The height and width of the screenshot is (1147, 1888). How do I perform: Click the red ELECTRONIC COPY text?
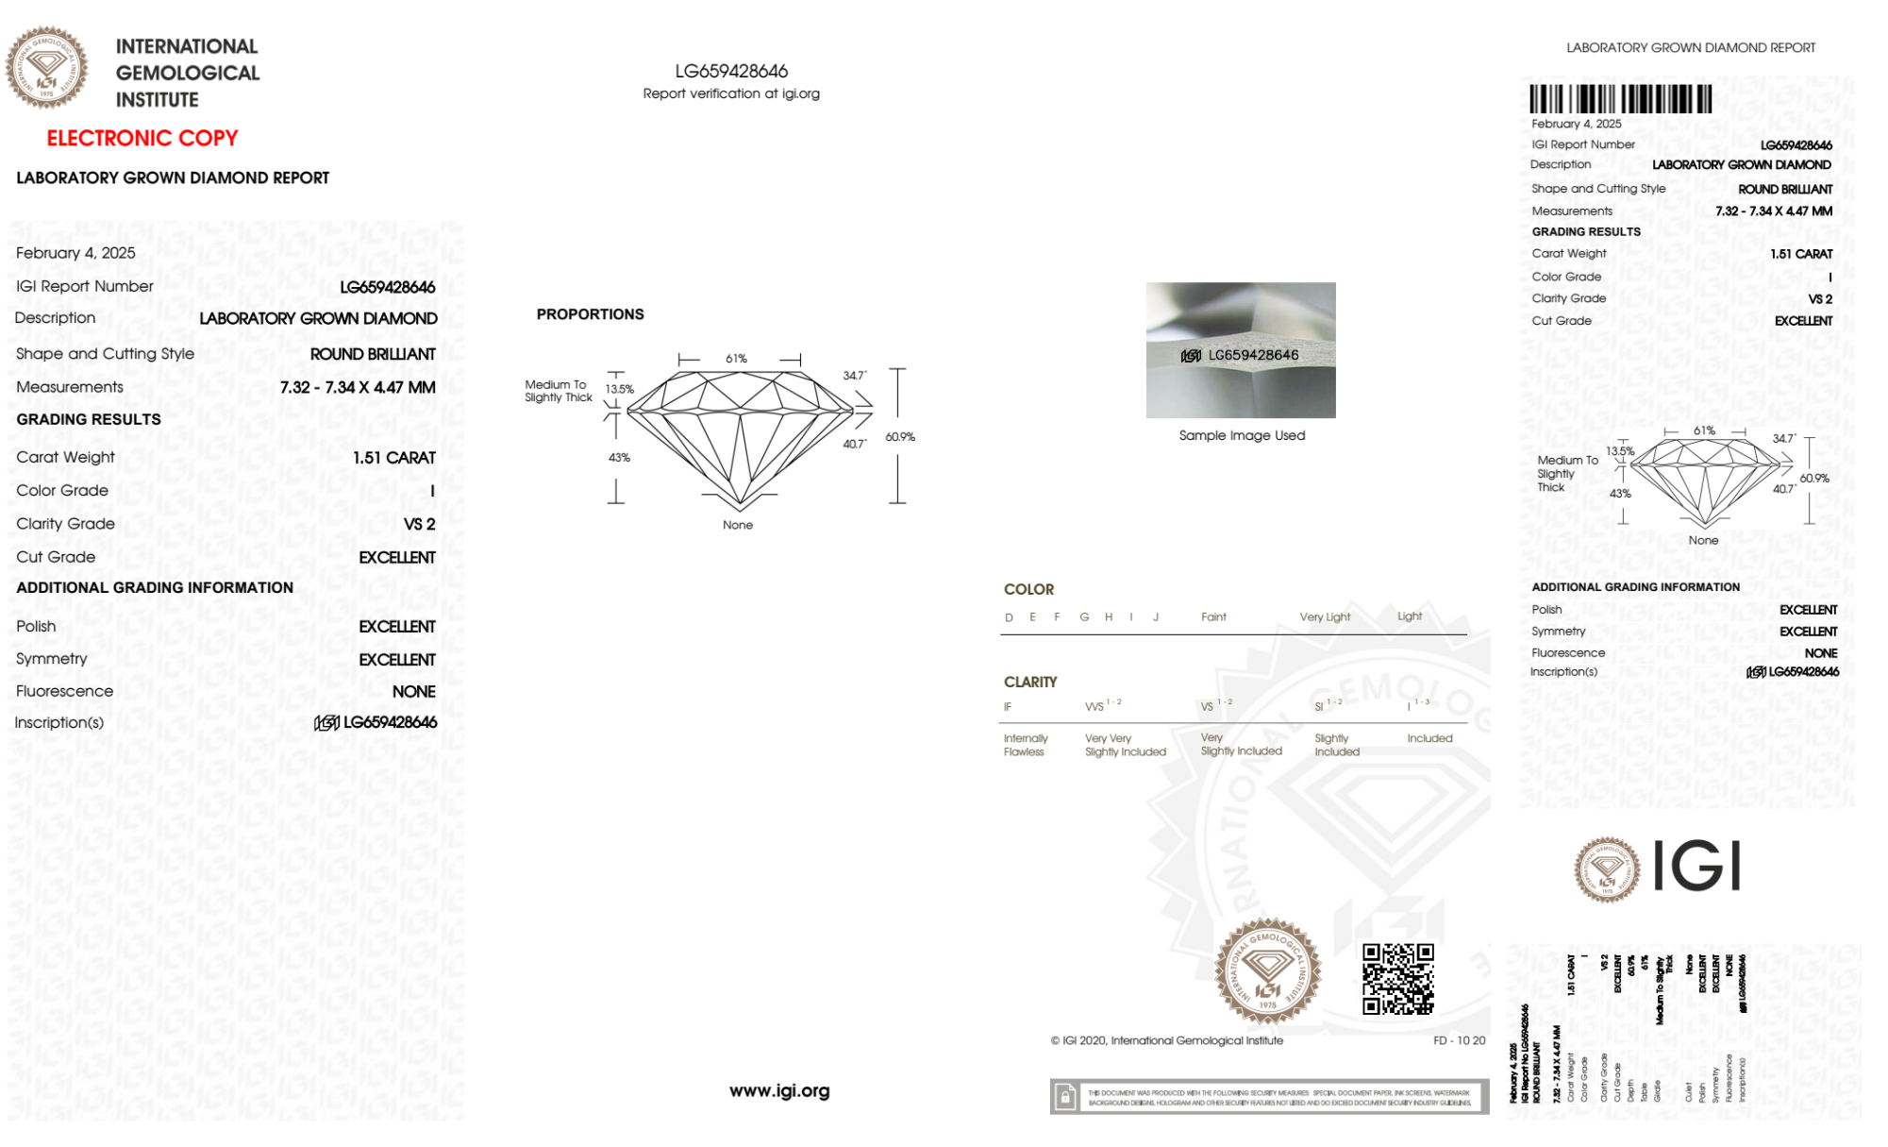click(x=142, y=139)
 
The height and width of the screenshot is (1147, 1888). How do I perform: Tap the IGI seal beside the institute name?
click(x=46, y=67)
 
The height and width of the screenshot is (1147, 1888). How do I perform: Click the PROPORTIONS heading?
click(x=590, y=314)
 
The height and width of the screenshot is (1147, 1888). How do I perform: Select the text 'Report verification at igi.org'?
click(x=731, y=93)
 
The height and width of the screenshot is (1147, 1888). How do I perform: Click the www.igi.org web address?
click(x=779, y=1091)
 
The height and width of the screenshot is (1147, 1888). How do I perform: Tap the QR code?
click(x=1398, y=979)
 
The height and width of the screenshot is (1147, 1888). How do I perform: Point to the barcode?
click(x=1620, y=99)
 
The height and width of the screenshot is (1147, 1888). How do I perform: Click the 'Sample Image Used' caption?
click(x=1242, y=435)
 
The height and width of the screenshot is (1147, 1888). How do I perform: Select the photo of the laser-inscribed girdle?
click(x=1241, y=350)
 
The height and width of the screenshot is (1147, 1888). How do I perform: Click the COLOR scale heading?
click(x=1028, y=589)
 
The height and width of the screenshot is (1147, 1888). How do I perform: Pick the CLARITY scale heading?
click(x=1030, y=682)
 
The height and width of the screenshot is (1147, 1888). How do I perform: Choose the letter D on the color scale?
click(x=1009, y=617)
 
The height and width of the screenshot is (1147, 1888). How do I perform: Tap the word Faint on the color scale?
click(x=1213, y=617)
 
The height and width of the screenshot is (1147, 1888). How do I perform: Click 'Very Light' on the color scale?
click(x=1325, y=617)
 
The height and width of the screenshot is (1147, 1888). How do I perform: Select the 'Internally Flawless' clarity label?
click(x=1025, y=745)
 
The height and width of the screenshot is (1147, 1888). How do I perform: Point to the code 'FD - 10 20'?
click(x=1459, y=1040)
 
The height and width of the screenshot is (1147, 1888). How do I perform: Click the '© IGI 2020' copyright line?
click(x=1167, y=1040)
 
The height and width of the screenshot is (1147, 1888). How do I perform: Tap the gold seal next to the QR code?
click(x=1267, y=970)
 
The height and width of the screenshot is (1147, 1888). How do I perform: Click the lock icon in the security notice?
click(x=1065, y=1097)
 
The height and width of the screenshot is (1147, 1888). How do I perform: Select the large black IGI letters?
click(x=1697, y=866)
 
